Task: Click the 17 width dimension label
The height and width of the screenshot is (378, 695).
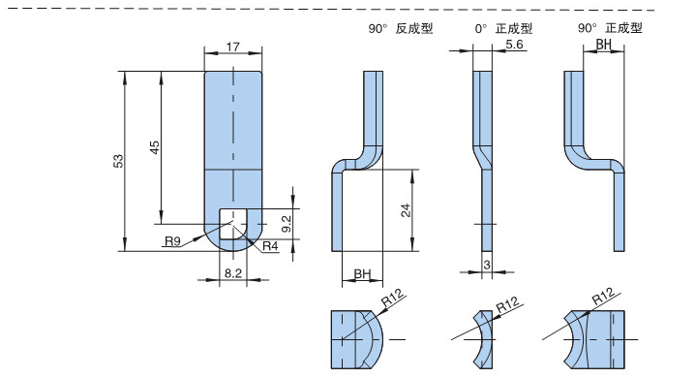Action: click(232, 47)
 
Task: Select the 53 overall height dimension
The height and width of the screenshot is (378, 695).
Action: click(118, 161)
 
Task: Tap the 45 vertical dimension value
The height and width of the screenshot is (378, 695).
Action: click(154, 147)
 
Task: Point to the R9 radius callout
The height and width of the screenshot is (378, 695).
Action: click(173, 241)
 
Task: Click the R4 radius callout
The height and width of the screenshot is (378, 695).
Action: click(270, 246)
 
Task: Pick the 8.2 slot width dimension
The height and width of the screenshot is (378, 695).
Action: click(232, 273)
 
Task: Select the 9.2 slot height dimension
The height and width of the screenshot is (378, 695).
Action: click(287, 224)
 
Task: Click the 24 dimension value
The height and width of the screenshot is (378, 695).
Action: click(406, 210)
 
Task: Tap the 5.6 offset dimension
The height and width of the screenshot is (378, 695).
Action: click(514, 45)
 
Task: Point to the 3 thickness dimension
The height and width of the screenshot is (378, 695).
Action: click(487, 265)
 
